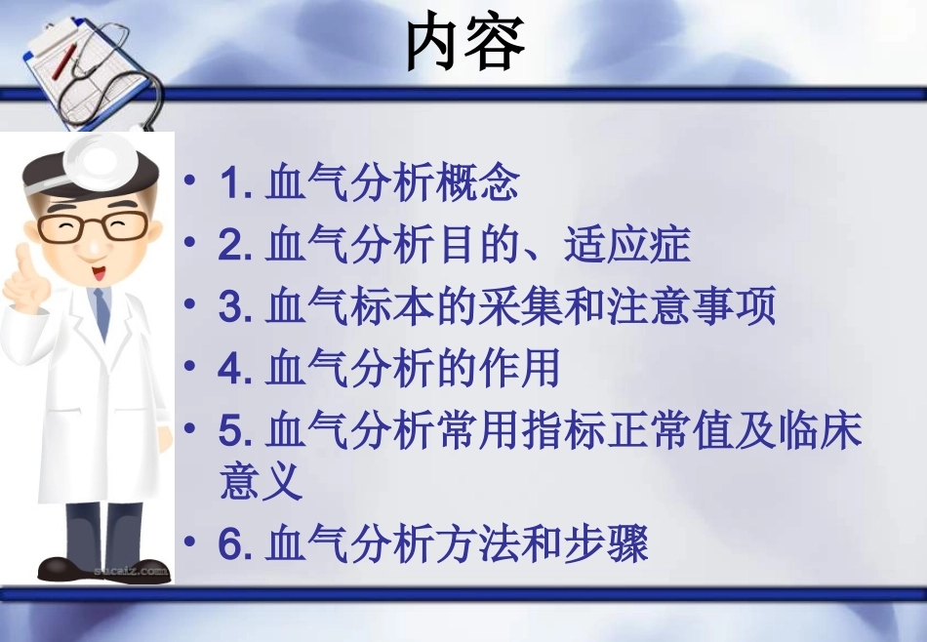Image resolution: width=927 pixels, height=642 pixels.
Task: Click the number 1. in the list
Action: point(236,184)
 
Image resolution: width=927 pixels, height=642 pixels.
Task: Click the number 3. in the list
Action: point(236,307)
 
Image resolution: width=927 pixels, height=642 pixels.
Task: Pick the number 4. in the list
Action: point(236,369)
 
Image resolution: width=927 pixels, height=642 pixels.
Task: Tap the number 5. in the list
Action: point(236,430)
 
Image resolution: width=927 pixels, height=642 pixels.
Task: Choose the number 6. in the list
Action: point(236,544)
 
